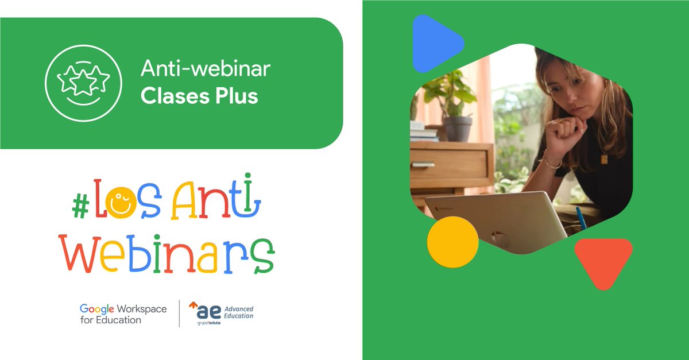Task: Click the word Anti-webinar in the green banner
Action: [205, 70]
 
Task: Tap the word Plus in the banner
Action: [234, 96]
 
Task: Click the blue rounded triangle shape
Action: [433, 43]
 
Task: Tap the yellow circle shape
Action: [452, 242]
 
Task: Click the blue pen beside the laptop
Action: [580, 218]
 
